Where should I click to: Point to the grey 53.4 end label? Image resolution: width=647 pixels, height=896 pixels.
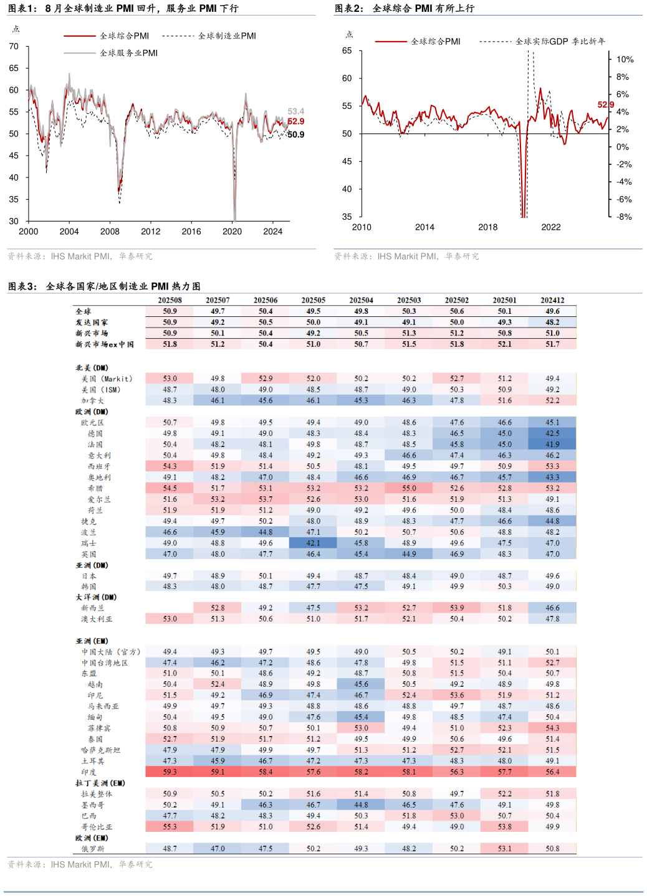click(x=295, y=111)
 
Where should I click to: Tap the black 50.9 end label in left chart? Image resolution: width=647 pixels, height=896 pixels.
click(x=296, y=134)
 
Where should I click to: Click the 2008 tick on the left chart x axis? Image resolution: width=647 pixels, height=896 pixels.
click(x=110, y=232)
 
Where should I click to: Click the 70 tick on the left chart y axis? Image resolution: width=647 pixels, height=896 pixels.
click(x=14, y=46)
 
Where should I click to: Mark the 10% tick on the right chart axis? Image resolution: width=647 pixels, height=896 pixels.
click(x=625, y=60)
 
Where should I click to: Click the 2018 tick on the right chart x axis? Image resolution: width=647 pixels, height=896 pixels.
click(x=487, y=227)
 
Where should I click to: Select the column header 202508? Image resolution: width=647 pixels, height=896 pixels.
click(x=170, y=300)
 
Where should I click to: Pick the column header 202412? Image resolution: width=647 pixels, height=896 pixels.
click(x=552, y=300)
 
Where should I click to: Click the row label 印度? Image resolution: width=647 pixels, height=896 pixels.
click(x=89, y=772)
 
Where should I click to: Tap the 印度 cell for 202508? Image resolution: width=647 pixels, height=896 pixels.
click(x=170, y=772)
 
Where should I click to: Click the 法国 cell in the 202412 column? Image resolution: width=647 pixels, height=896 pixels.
click(x=552, y=445)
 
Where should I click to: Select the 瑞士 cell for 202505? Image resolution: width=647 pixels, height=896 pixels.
click(x=313, y=543)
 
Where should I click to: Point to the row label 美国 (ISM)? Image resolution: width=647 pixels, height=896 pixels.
click(x=100, y=390)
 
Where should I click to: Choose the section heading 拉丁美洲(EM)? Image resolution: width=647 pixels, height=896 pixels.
click(x=100, y=783)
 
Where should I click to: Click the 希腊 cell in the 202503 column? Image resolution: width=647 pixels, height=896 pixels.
click(x=409, y=489)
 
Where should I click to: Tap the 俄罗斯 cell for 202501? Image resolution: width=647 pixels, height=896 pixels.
click(x=504, y=849)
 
